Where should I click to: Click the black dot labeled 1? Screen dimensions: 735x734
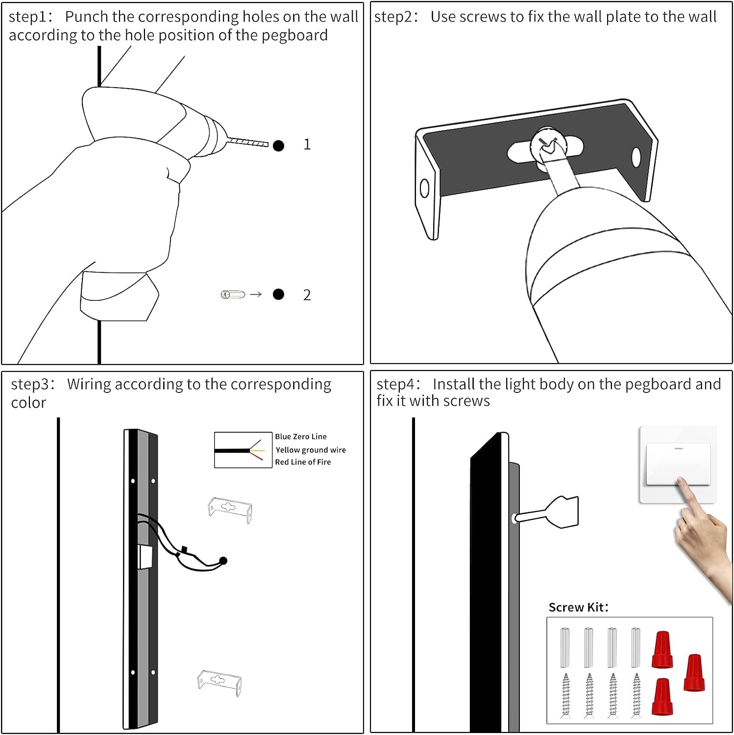pyautogui.click(x=278, y=146)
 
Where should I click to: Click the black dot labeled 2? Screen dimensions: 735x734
pyautogui.click(x=278, y=294)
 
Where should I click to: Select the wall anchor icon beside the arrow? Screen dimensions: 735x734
pyautogui.click(x=233, y=294)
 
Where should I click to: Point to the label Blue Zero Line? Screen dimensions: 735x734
pyautogui.click(x=300, y=437)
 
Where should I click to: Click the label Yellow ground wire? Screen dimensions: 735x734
pyautogui.click(x=310, y=450)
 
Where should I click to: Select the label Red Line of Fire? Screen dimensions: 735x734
pyautogui.click(x=302, y=462)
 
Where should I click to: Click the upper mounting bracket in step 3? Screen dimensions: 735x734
pyautogui.click(x=230, y=509)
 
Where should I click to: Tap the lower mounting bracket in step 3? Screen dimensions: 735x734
pyautogui.click(x=220, y=681)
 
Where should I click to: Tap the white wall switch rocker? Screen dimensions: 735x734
pyautogui.click(x=678, y=464)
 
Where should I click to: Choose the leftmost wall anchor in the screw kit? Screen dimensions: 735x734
pyautogui.click(x=565, y=647)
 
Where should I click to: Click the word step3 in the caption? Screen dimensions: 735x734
pyautogui.click(x=32, y=384)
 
